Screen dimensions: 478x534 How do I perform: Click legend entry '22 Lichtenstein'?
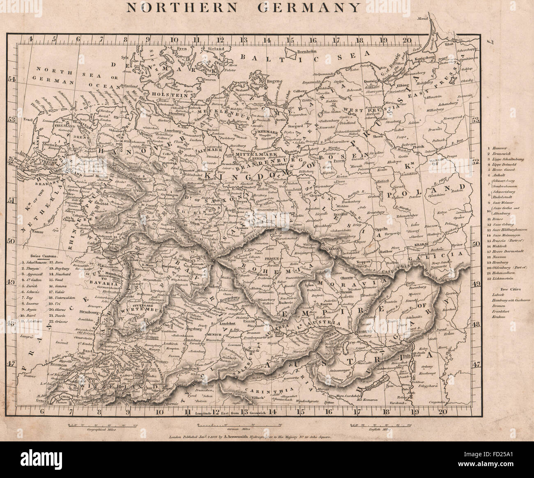point(503,278)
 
